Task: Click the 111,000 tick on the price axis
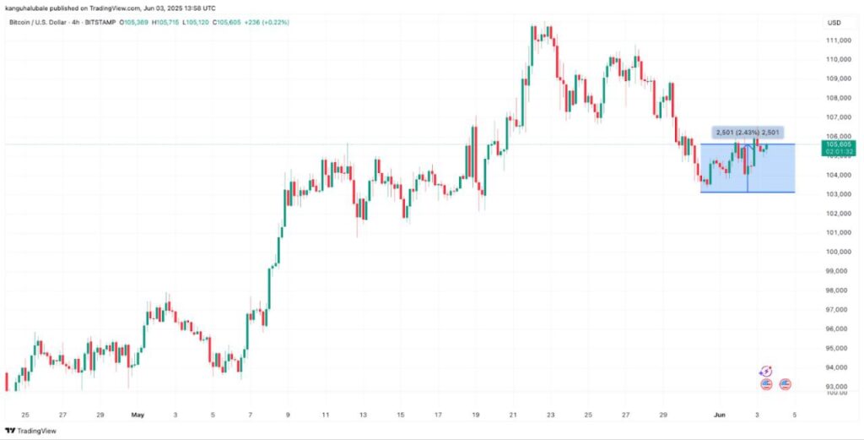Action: coord(837,40)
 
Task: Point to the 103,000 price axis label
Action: coord(837,194)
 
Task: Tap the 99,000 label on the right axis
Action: coord(837,271)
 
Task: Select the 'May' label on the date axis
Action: coord(138,416)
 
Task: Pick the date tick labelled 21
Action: coord(513,416)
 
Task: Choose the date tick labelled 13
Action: coord(363,416)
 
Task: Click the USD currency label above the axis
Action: coord(835,22)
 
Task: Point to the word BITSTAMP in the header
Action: coord(98,22)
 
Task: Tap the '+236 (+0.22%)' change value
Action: coord(265,22)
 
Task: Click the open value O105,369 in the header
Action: coord(132,22)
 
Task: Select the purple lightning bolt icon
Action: coord(765,371)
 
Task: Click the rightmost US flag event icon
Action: coord(785,384)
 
